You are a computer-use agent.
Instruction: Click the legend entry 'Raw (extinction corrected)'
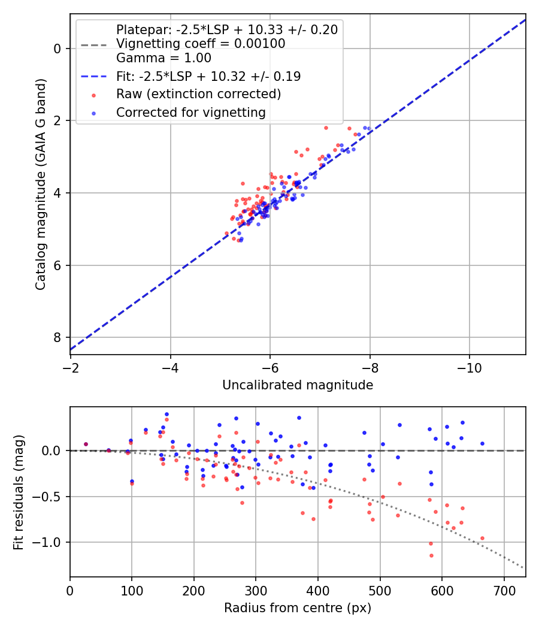(198, 94)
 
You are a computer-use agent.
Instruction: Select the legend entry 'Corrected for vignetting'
(190, 112)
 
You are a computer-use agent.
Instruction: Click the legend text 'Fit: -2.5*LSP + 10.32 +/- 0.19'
(208, 76)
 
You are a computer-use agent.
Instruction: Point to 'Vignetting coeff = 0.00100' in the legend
(201, 44)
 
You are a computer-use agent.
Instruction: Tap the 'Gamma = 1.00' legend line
(163, 58)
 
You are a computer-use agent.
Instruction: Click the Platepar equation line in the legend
(226, 29)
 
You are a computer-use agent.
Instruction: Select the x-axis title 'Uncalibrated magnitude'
(298, 385)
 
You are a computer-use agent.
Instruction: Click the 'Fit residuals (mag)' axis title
(19, 492)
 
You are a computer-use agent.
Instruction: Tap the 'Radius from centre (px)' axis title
(298, 608)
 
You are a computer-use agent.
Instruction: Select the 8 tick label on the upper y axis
(58, 337)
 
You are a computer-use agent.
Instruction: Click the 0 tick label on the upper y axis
(58, 49)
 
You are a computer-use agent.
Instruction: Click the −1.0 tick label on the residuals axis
(50, 542)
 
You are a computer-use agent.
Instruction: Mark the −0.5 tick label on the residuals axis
(50, 497)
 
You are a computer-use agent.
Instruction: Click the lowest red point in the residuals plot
(431, 555)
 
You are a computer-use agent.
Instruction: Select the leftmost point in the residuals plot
(86, 444)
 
